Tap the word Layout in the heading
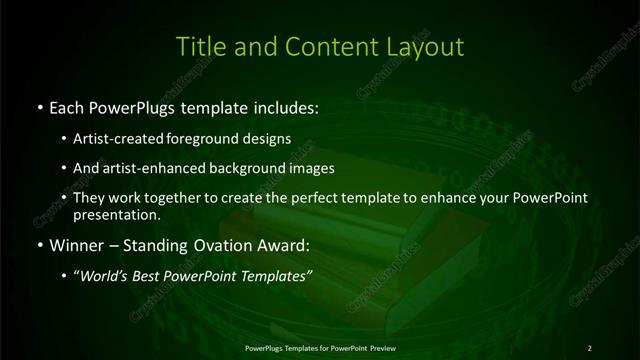point(427,46)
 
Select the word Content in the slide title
point(322,46)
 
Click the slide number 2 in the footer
point(589,347)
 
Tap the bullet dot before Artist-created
point(65,140)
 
